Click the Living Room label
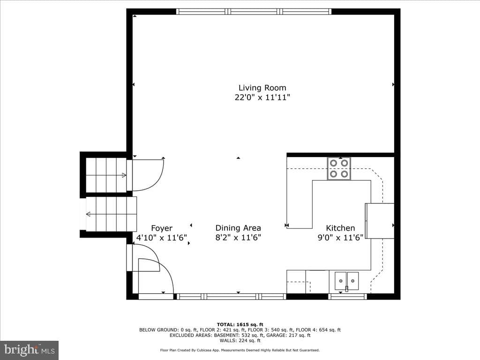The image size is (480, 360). coord(262,88)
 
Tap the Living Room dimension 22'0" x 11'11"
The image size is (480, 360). coord(262,97)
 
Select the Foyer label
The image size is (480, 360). coord(162,228)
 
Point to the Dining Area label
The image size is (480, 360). coord(238,228)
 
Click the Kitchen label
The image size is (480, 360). coord(340,228)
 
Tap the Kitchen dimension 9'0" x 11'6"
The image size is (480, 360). coord(340,238)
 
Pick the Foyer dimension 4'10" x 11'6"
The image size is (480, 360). coord(162,238)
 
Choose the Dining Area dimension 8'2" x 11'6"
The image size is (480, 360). coord(238,238)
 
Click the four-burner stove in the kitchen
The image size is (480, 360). coord(339,169)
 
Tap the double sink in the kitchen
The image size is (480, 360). coord(346,281)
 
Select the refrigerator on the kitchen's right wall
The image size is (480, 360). coord(380,221)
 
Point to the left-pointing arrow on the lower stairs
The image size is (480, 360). coord(88,214)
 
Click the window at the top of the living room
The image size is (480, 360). coord(254,12)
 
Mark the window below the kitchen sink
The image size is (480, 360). coord(348,296)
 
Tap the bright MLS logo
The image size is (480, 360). coord(30,350)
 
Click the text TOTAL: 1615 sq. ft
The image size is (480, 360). coord(240,324)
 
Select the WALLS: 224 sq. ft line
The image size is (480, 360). coord(240,340)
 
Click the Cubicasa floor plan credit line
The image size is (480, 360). coord(240,350)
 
